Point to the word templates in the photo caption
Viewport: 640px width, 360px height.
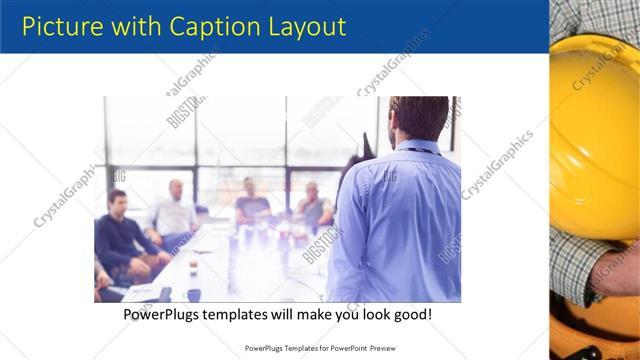246,314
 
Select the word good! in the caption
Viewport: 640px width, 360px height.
412,314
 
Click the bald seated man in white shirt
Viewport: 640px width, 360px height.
176,211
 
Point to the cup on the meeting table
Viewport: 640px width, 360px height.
193,268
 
